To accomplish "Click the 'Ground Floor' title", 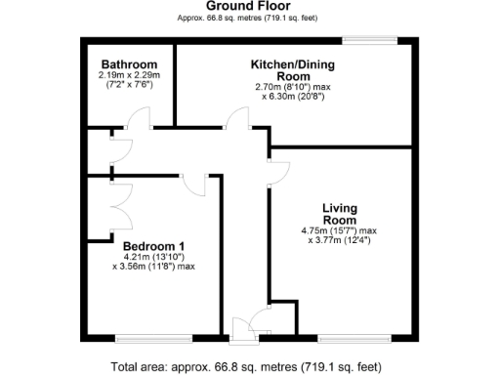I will (x=249, y=6).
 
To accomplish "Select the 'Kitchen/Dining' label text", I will (x=293, y=63).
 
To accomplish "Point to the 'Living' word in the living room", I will (x=340, y=208).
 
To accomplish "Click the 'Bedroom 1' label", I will (x=154, y=245).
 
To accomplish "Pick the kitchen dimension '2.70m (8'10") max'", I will (x=294, y=87).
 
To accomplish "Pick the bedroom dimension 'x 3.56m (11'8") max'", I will (x=154, y=266).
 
